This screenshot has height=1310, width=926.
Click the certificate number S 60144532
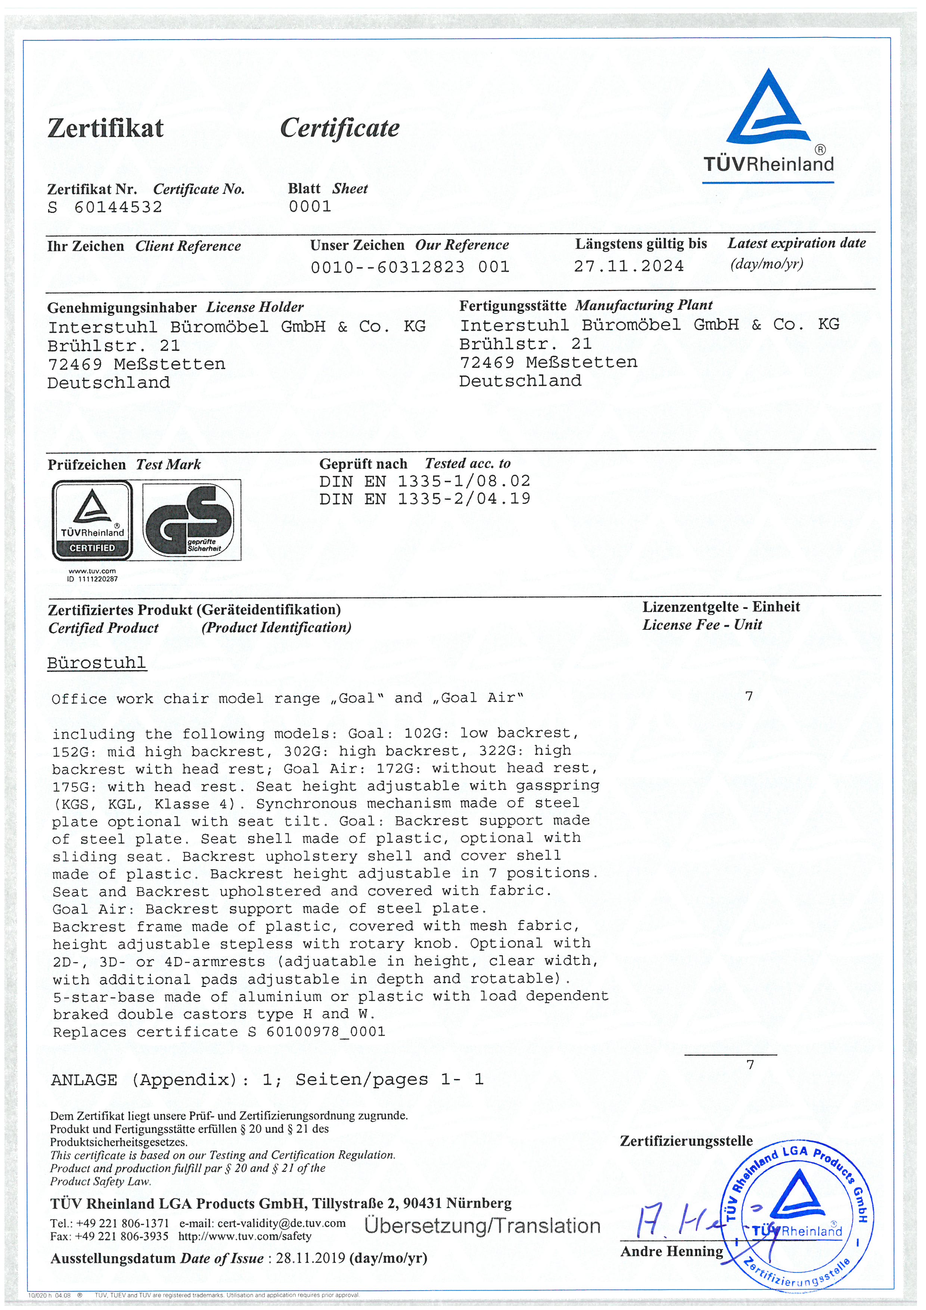[105, 207]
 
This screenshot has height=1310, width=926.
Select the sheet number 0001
[310, 207]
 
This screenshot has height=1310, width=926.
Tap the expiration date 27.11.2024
[628, 266]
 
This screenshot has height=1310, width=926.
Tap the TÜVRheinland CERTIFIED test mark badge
[92, 520]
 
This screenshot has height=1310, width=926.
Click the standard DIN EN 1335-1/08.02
[424, 481]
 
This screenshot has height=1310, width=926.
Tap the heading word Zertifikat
[106, 128]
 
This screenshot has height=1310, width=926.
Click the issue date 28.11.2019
[310, 1258]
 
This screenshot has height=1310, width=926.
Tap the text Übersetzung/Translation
[482, 1226]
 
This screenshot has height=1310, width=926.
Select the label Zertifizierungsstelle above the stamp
[686, 1140]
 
